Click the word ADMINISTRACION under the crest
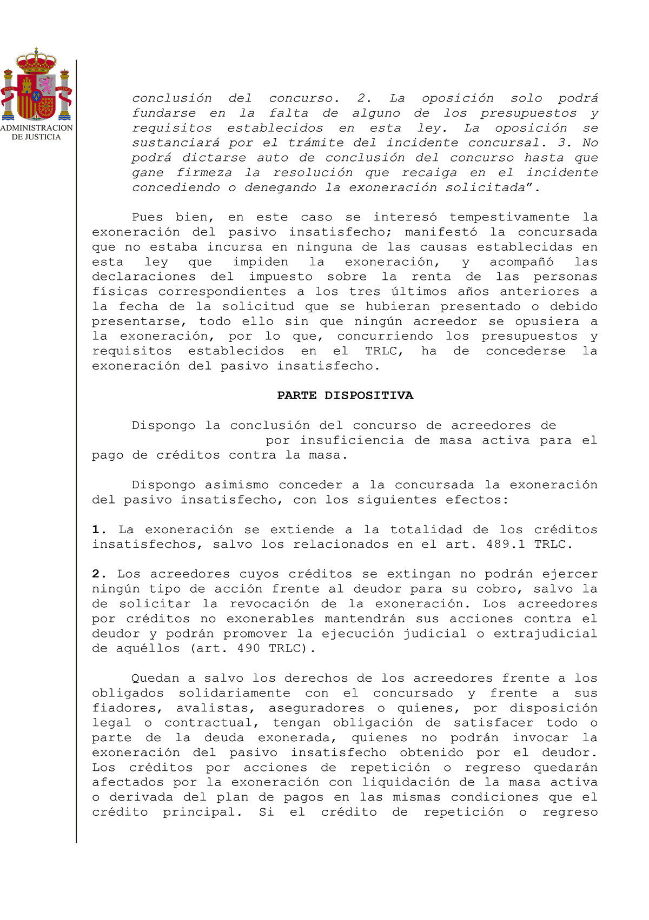36,128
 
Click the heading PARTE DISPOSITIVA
345,395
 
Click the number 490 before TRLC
249,648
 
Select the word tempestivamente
509,217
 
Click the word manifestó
441,232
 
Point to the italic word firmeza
204,173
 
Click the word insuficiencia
352,440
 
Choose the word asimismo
236,485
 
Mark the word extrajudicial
545,634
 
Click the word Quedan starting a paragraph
155,679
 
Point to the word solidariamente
234,693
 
